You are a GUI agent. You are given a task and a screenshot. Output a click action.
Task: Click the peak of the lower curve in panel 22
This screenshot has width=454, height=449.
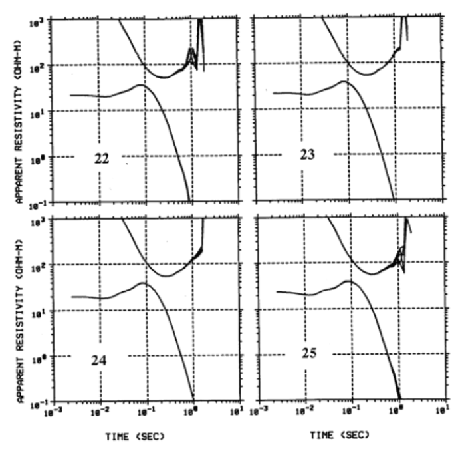click(x=140, y=84)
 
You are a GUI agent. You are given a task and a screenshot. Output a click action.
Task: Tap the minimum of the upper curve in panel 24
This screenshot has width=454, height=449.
click(x=166, y=276)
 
